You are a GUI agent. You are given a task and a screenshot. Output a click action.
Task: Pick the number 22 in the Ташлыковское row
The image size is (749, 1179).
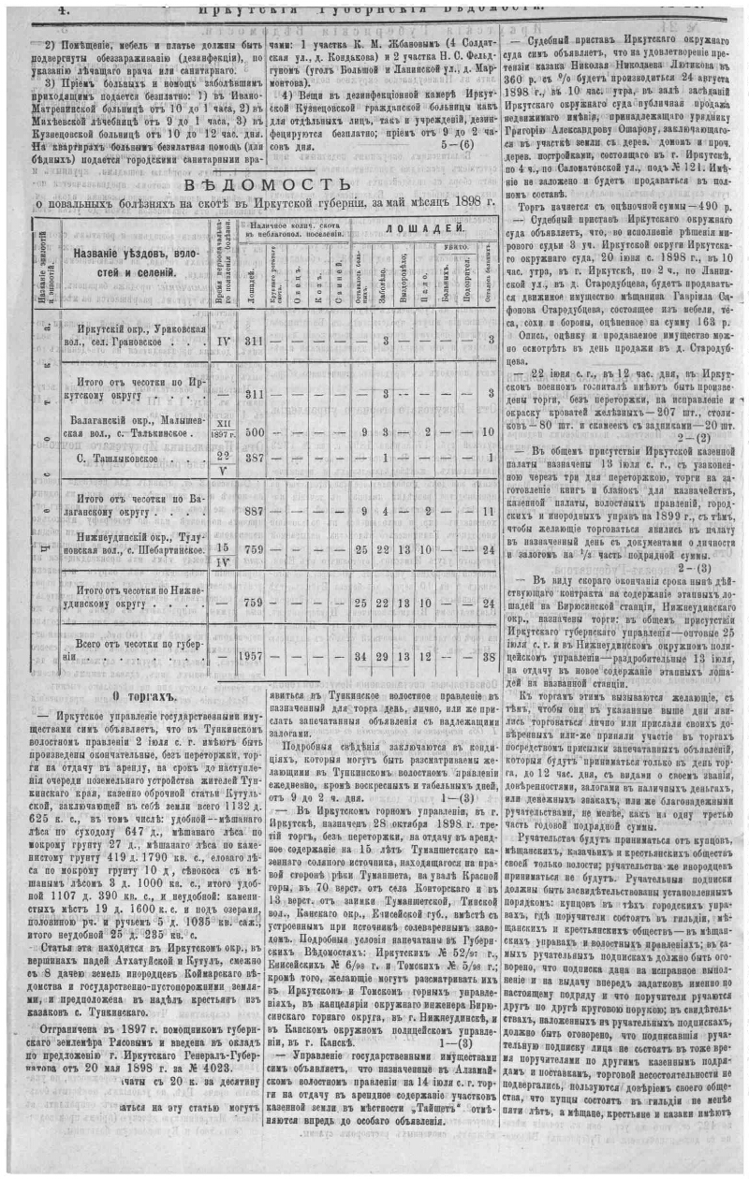click(223, 455)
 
